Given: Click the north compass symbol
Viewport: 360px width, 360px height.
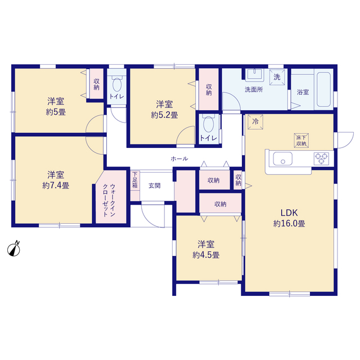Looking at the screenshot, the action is (x=13, y=249).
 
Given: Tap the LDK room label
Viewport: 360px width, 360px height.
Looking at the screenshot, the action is (x=289, y=213).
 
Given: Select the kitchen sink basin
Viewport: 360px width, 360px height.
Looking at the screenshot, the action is (x=282, y=159).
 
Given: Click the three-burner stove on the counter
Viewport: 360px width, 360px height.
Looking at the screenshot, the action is (x=321, y=159).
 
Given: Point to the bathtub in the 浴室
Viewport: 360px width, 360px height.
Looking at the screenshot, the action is (x=324, y=89).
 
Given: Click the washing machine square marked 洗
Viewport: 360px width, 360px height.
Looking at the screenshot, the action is (x=277, y=77).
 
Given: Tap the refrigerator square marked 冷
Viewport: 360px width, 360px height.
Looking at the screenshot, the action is (x=255, y=122).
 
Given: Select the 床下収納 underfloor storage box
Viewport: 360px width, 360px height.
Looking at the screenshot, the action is (x=301, y=141).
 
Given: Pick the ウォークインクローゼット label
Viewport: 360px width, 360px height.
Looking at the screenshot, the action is (x=109, y=200).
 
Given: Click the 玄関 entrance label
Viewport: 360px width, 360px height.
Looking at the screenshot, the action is (x=155, y=186).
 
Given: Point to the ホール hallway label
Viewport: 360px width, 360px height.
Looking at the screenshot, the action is (x=179, y=159).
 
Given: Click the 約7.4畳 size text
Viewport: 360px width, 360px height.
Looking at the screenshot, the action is (x=56, y=186).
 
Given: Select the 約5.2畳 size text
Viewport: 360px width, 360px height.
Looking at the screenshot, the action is (x=164, y=115).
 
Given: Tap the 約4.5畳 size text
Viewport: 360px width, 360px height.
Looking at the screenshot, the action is (x=206, y=255).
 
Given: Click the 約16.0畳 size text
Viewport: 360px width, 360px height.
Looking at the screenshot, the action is (x=289, y=223).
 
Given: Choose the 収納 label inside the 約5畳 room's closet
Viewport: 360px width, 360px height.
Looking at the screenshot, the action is (x=96, y=84).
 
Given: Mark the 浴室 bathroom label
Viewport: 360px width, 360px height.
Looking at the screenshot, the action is (x=303, y=92).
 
